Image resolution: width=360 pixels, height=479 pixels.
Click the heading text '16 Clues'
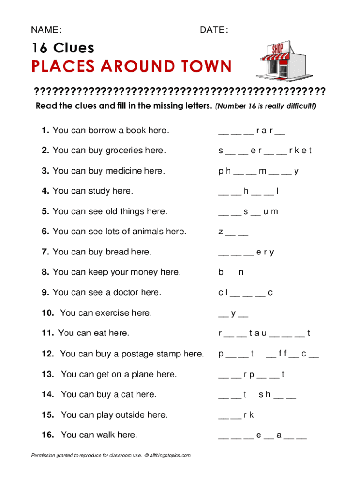point(63,48)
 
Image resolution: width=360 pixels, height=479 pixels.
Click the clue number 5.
point(44,211)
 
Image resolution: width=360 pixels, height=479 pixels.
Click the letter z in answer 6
point(220,232)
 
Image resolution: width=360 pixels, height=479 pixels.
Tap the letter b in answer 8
point(220,272)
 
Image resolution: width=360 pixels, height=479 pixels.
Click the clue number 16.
point(48,435)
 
